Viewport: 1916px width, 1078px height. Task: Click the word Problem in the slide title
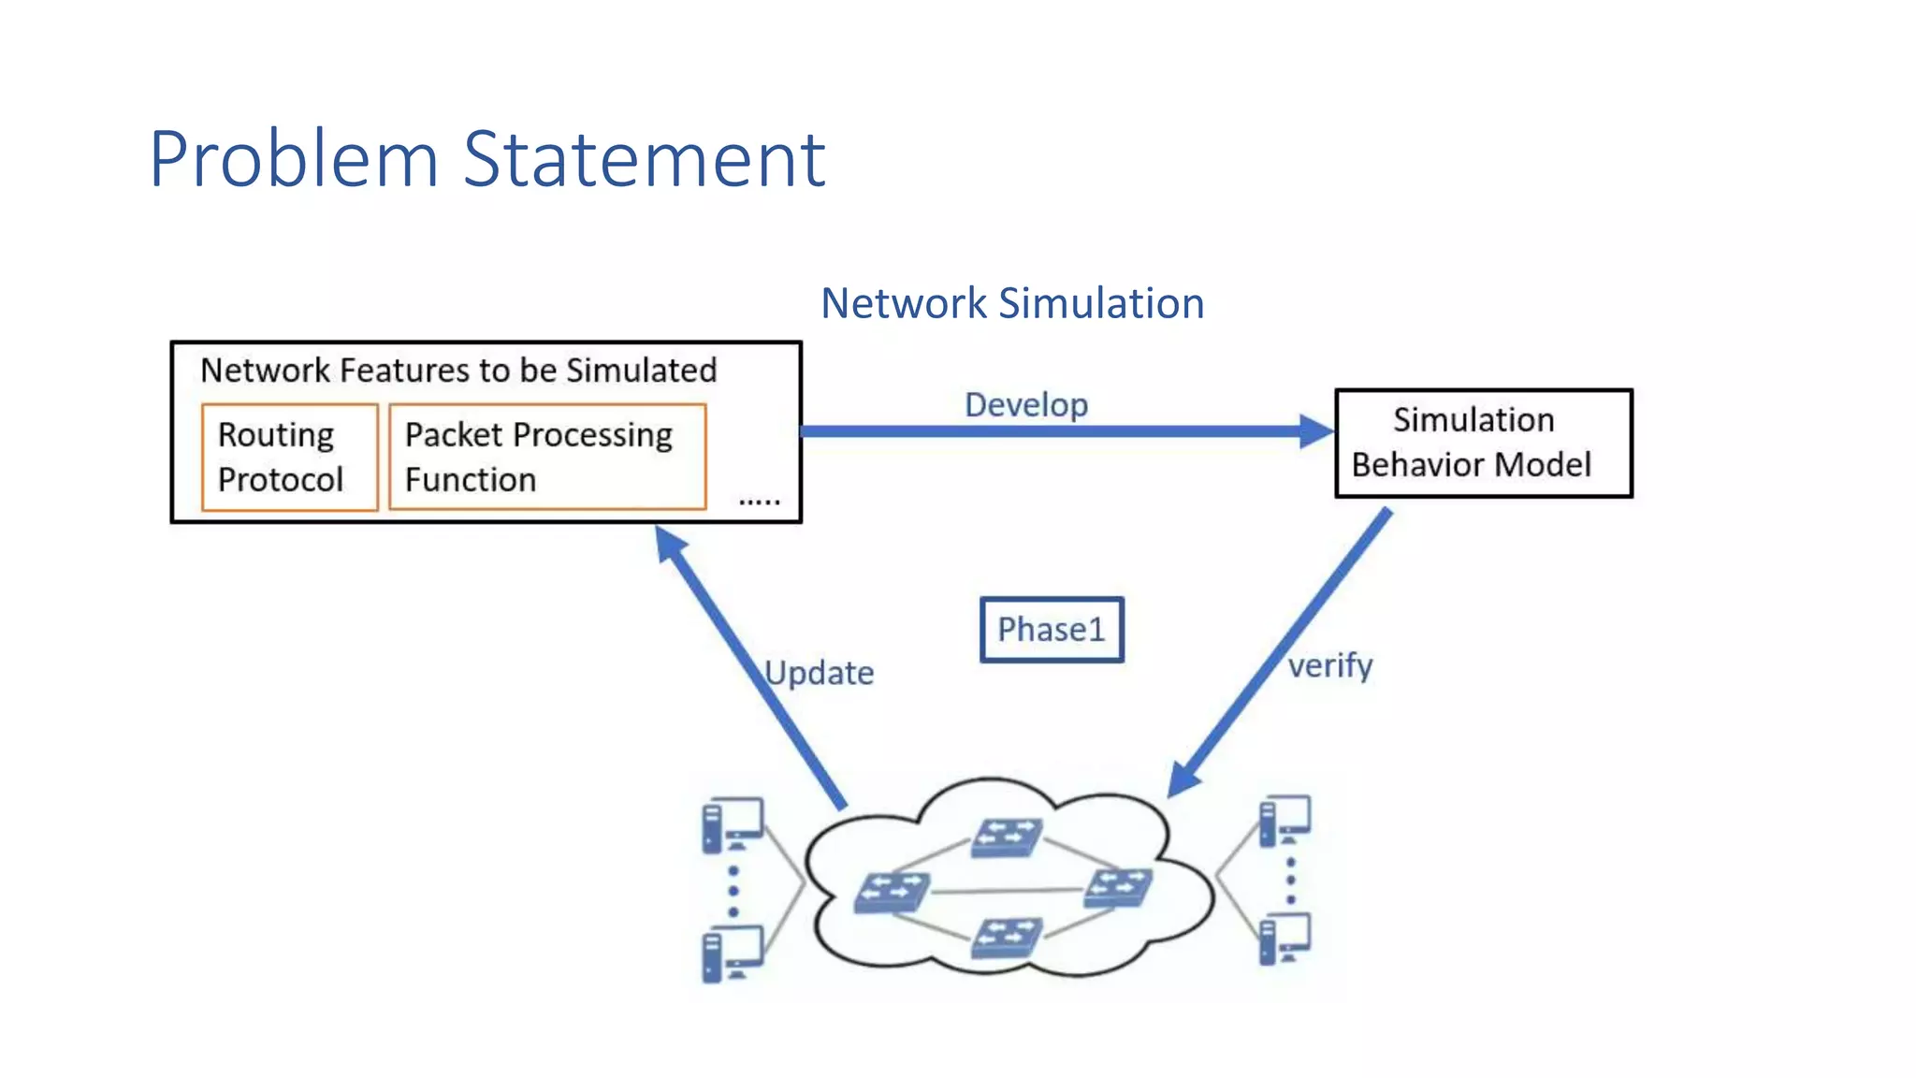(x=293, y=159)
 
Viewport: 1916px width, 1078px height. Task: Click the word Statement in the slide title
(x=644, y=159)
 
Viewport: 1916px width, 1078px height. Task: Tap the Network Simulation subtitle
(x=1012, y=303)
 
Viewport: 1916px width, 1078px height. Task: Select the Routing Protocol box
(x=289, y=457)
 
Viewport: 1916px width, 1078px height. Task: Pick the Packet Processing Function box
(x=546, y=457)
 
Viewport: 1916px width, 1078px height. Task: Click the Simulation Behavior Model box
(x=1483, y=443)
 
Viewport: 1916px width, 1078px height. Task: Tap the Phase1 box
(x=1052, y=630)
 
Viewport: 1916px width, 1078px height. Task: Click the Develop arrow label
(x=1026, y=404)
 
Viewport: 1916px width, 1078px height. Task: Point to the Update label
(x=820, y=673)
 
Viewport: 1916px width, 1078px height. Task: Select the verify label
(x=1330, y=666)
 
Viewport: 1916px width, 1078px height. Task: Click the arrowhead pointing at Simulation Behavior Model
(x=1315, y=431)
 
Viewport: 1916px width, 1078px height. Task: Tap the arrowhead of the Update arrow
(x=670, y=544)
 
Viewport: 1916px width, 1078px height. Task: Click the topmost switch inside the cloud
(x=1006, y=837)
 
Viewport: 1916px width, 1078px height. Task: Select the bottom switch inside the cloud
(x=1006, y=937)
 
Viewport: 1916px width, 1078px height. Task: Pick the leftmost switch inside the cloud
(x=892, y=892)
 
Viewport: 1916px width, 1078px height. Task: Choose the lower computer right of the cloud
(x=1285, y=939)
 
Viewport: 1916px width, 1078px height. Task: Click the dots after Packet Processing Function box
(x=759, y=503)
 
